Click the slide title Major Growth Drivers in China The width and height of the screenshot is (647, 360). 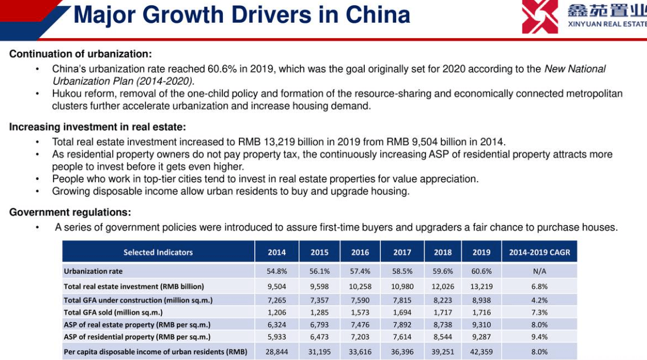pyautogui.click(x=242, y=15)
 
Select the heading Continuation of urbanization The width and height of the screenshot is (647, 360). pyautogui.click(x=80, y=54)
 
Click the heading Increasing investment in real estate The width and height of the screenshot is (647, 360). pyautogui.click(x=97, y=127)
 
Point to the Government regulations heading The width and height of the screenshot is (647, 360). pyautogui.click(x=70, y=212)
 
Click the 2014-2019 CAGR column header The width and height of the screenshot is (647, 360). pyautogui.click(x=539, y=252)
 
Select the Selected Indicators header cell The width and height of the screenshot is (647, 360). pyautogui.click(x=158, y=252)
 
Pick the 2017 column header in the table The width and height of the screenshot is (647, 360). pyautogui.click(x=402, y=252)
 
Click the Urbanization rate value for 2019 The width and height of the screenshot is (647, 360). pyautogui.click(x=482, y=271)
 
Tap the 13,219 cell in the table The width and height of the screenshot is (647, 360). pyautogui.click(x=482, y=287)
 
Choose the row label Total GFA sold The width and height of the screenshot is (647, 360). pyautogui.click(x=113, y=312)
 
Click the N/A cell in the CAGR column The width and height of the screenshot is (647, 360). pyautogui.click(x=539, y=271)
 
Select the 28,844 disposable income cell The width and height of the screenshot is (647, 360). pyautogui.click(x=276, y=352)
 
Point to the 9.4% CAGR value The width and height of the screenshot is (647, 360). pyautogui.click(x=539, y=337)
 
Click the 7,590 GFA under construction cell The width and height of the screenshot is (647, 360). pyautogui.click(x=360, y=300)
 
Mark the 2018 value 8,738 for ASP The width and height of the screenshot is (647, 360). pyautogui.click(x=442, y=325)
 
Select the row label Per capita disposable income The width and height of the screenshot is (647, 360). pyautogui.click(x=155, y=352)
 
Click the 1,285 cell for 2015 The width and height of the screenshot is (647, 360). pyautogui.click(x=319, y=312)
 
